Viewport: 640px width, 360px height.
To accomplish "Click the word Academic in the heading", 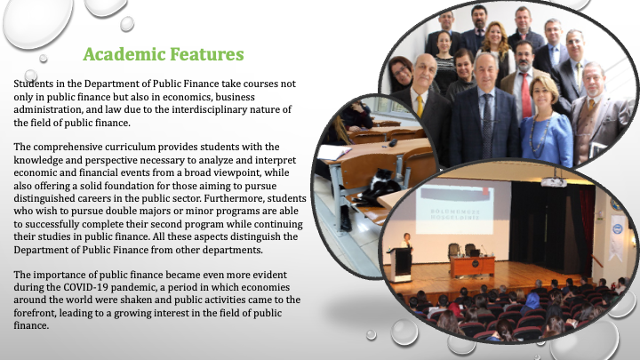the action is click(x=124, y=54).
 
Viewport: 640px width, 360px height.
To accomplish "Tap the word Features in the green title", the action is click(x=206, y=54).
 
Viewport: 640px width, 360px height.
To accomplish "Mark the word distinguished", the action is click(x=40, y=199).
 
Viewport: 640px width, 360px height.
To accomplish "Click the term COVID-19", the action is click(x=85, y=287).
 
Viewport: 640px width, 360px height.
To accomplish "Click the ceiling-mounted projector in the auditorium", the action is click(x=553, y=181).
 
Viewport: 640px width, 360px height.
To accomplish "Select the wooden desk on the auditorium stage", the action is click(x=472, y=266).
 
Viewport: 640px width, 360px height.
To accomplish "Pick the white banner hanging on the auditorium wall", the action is click(x=617, y=236).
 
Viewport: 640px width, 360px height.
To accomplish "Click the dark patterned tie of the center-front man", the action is click(x=487, y=125).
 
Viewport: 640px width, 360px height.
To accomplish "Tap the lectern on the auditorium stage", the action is click(x=400, y=265).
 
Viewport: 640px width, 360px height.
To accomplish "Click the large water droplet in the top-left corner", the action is click(x=37, y=21).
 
